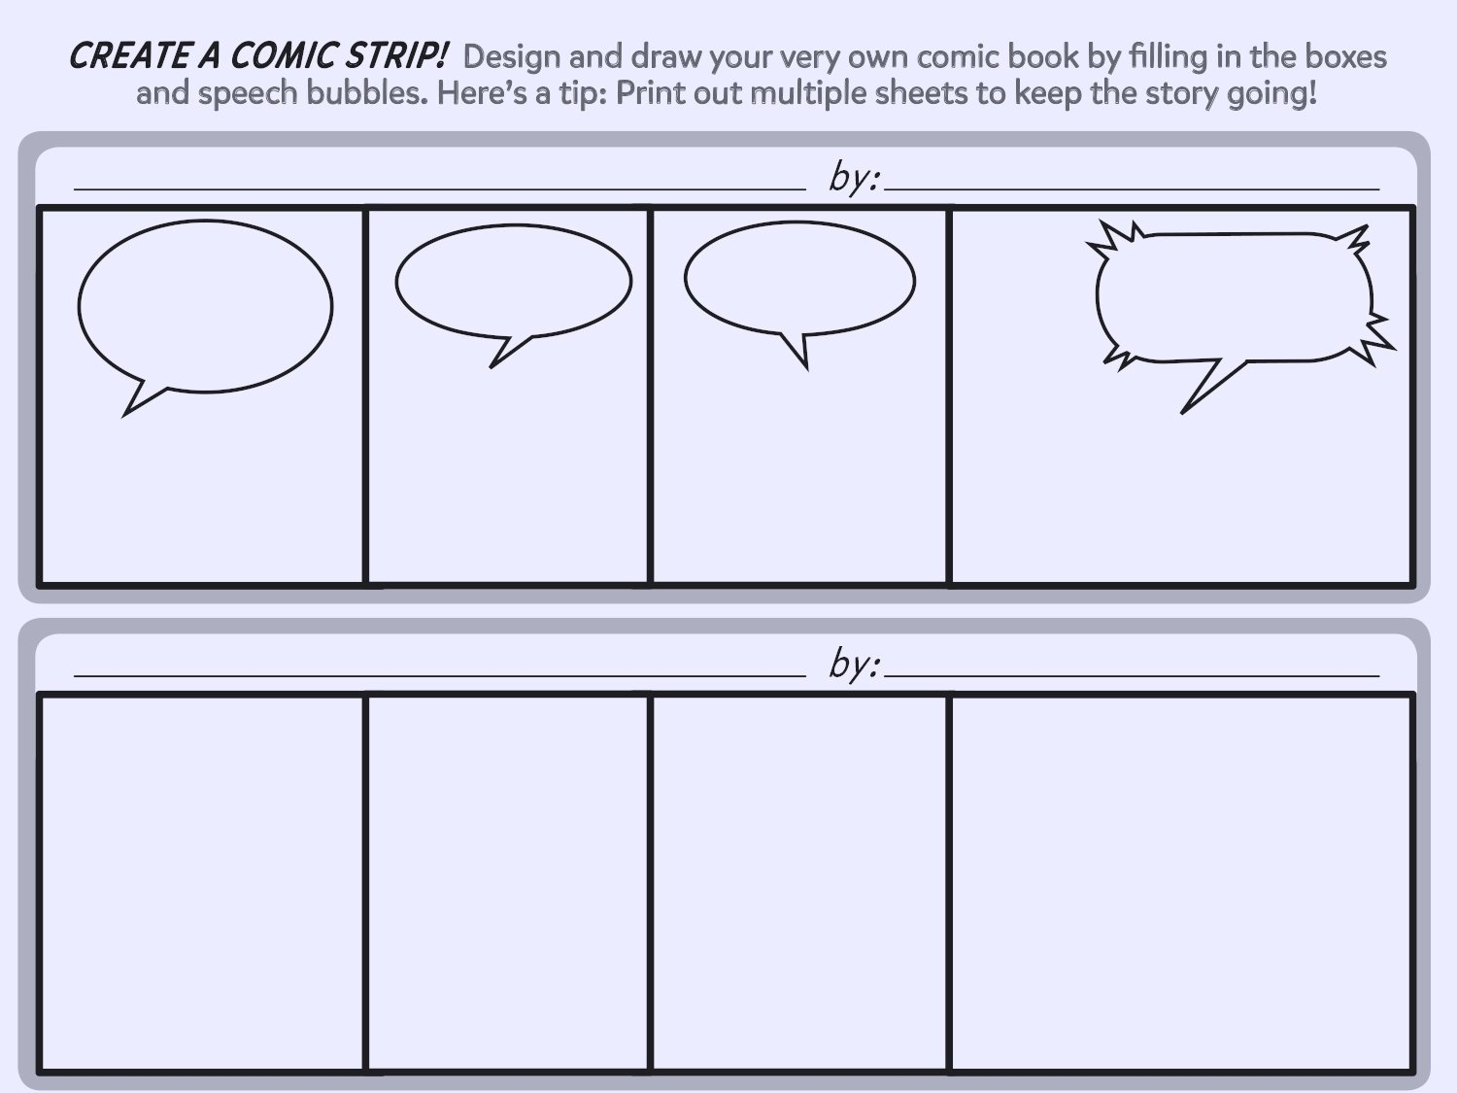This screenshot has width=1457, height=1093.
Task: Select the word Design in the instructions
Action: (512, 57)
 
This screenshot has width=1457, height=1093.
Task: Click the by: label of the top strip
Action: (854, 177)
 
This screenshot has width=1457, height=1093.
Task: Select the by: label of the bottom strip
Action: (854, 664)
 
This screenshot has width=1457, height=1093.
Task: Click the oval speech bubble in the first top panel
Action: (205, 306)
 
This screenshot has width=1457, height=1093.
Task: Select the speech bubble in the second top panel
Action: (513, 281)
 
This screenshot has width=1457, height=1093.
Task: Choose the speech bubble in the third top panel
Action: (799, 279)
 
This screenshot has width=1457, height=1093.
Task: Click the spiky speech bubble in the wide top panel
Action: (1234, 296)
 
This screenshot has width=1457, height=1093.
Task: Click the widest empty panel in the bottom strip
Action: (1180, 882)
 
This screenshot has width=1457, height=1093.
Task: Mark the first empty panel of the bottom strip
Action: (202, 882)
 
